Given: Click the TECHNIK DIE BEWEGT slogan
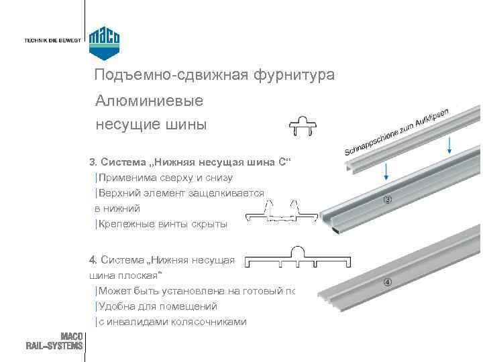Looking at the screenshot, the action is (52, 40).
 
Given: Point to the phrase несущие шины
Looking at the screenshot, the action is (151, 124).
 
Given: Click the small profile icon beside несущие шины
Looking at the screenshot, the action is (302, 126).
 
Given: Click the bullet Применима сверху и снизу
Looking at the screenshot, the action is (165, 178).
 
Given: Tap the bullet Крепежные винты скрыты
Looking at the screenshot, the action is (162, 225).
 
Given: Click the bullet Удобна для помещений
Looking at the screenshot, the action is (157, 306).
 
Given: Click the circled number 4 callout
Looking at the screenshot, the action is (387, 281).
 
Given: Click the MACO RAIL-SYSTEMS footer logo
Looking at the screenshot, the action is (55, 341).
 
